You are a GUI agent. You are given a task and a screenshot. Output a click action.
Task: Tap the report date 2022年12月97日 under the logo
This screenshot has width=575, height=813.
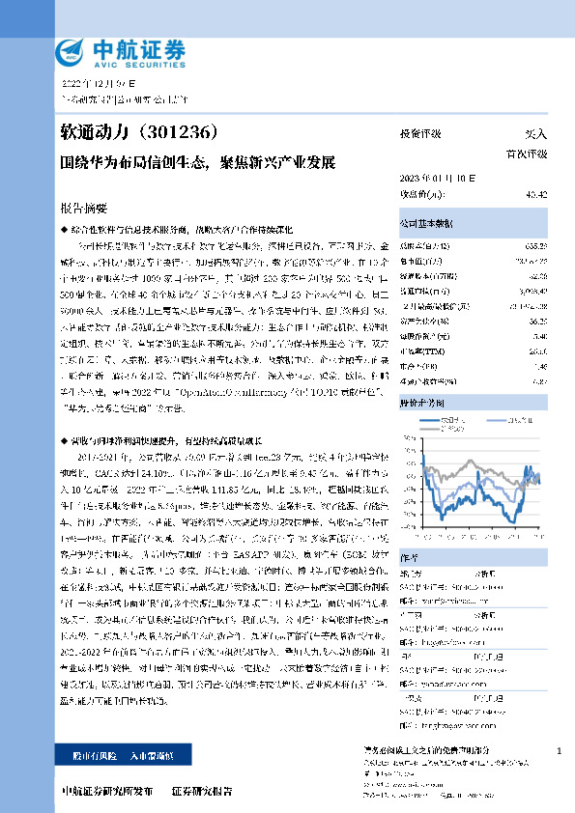pos(100,84)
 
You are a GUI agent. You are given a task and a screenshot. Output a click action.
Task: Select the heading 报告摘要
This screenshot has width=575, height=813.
pos(83,207)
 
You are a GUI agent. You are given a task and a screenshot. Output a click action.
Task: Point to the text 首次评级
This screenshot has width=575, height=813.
pos(528,154)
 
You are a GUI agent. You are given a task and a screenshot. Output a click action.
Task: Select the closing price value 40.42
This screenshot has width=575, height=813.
pos(537,194)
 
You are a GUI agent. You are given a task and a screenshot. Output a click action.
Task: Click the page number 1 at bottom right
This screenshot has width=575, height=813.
pos(560,750)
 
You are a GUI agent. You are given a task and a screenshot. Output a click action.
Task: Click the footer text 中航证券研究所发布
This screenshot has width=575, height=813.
pos(107,790)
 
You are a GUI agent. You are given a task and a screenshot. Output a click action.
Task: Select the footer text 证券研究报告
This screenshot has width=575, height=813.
pos(202,790)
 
